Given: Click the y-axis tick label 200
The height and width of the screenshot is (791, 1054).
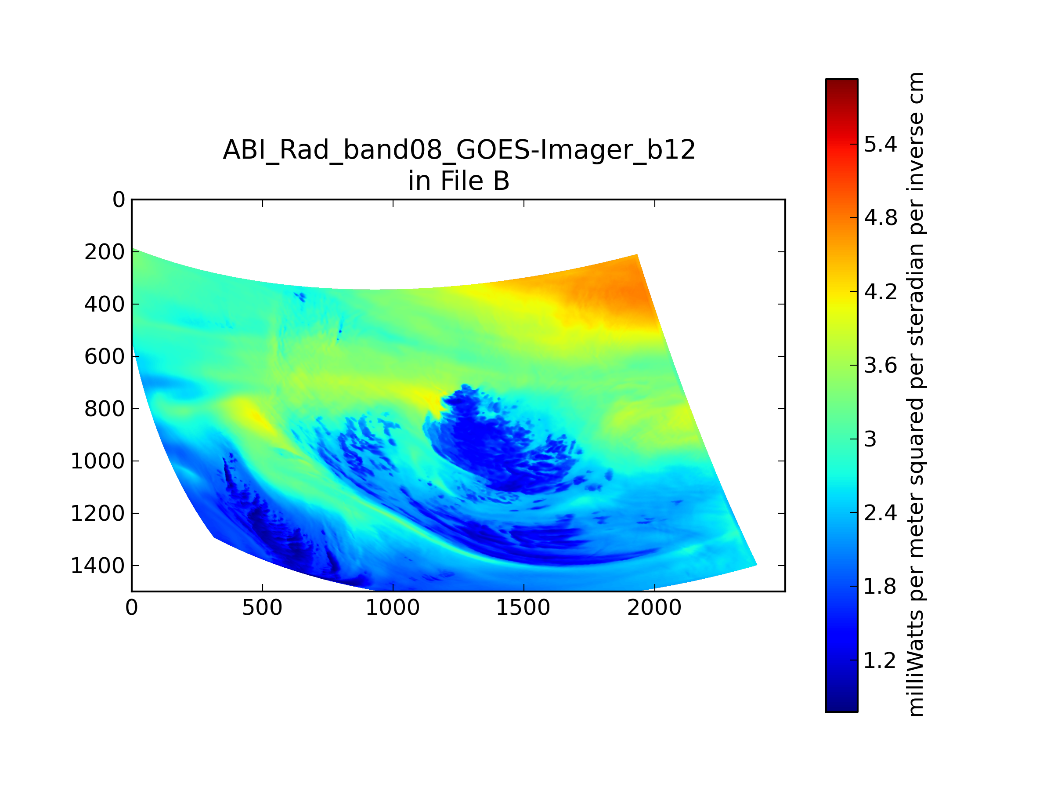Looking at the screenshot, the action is tap(105, 252).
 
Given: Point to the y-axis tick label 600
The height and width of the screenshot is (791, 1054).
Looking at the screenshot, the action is tap(105, 357).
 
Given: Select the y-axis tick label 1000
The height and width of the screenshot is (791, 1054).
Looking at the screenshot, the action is tap(97, 461).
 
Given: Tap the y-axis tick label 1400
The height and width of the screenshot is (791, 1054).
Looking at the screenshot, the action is tap(97, 566).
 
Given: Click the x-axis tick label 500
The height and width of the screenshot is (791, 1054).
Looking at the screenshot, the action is tap(262, 608).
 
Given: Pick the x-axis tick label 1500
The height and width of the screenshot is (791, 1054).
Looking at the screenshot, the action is tap(523, 608).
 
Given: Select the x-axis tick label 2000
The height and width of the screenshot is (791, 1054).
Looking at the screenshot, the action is tap(654, 608).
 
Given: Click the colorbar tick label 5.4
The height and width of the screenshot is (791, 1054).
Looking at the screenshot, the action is tap(881, 144).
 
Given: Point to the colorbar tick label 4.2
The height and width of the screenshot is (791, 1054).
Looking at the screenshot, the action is tap(881, 291).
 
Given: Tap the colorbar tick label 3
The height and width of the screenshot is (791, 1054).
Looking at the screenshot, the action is tap(870, 439).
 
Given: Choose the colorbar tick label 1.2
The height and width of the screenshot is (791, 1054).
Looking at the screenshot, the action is tap(881, 660).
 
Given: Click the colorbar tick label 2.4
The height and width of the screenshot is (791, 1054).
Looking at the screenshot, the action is tap(881, 513).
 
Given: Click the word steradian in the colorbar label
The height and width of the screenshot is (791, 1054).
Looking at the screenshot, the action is tap(915, 295).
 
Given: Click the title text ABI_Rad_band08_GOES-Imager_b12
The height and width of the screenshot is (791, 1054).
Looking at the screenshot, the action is tap(459, 150).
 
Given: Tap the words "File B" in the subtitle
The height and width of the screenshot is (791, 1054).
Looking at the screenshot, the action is tap(475, 181).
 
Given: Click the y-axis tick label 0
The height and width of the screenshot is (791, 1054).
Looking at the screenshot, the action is tap(119, 200).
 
